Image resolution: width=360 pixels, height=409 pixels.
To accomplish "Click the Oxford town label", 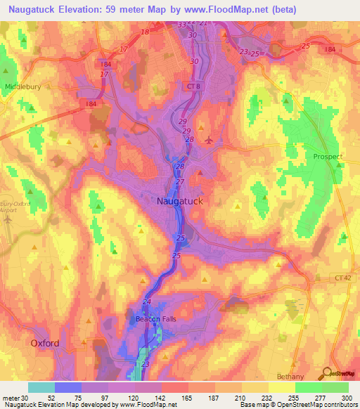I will coord(44,343).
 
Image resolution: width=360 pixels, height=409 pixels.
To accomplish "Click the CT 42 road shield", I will coord(345,278).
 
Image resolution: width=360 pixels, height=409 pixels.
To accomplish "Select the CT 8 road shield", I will coord(194,86).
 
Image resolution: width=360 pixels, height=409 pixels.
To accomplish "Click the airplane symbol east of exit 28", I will coord(208,139).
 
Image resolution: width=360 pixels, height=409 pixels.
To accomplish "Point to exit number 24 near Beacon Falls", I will coord(147,302).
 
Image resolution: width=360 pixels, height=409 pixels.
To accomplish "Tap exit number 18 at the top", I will coord(145,32).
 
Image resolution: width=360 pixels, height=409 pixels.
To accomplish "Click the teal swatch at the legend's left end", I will coord(41,387).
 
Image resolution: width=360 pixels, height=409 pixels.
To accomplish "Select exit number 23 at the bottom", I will coord(146,365).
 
